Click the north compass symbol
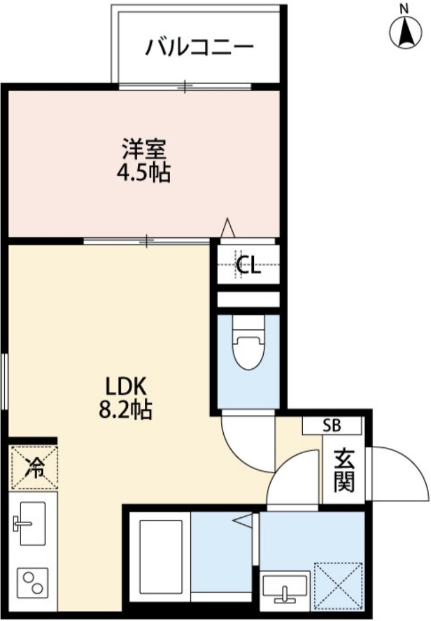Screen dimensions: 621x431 (x=406, y=33)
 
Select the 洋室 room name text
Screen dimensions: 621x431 (x=144, y=148)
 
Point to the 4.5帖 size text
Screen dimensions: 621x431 (x=144, y=173)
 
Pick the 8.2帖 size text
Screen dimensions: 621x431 (x=125, y=409)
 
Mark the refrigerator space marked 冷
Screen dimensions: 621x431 (x=35, y=468)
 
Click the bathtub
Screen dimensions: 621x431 (x=158, y=557)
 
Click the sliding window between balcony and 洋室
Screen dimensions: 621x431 (x=186, y=87)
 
